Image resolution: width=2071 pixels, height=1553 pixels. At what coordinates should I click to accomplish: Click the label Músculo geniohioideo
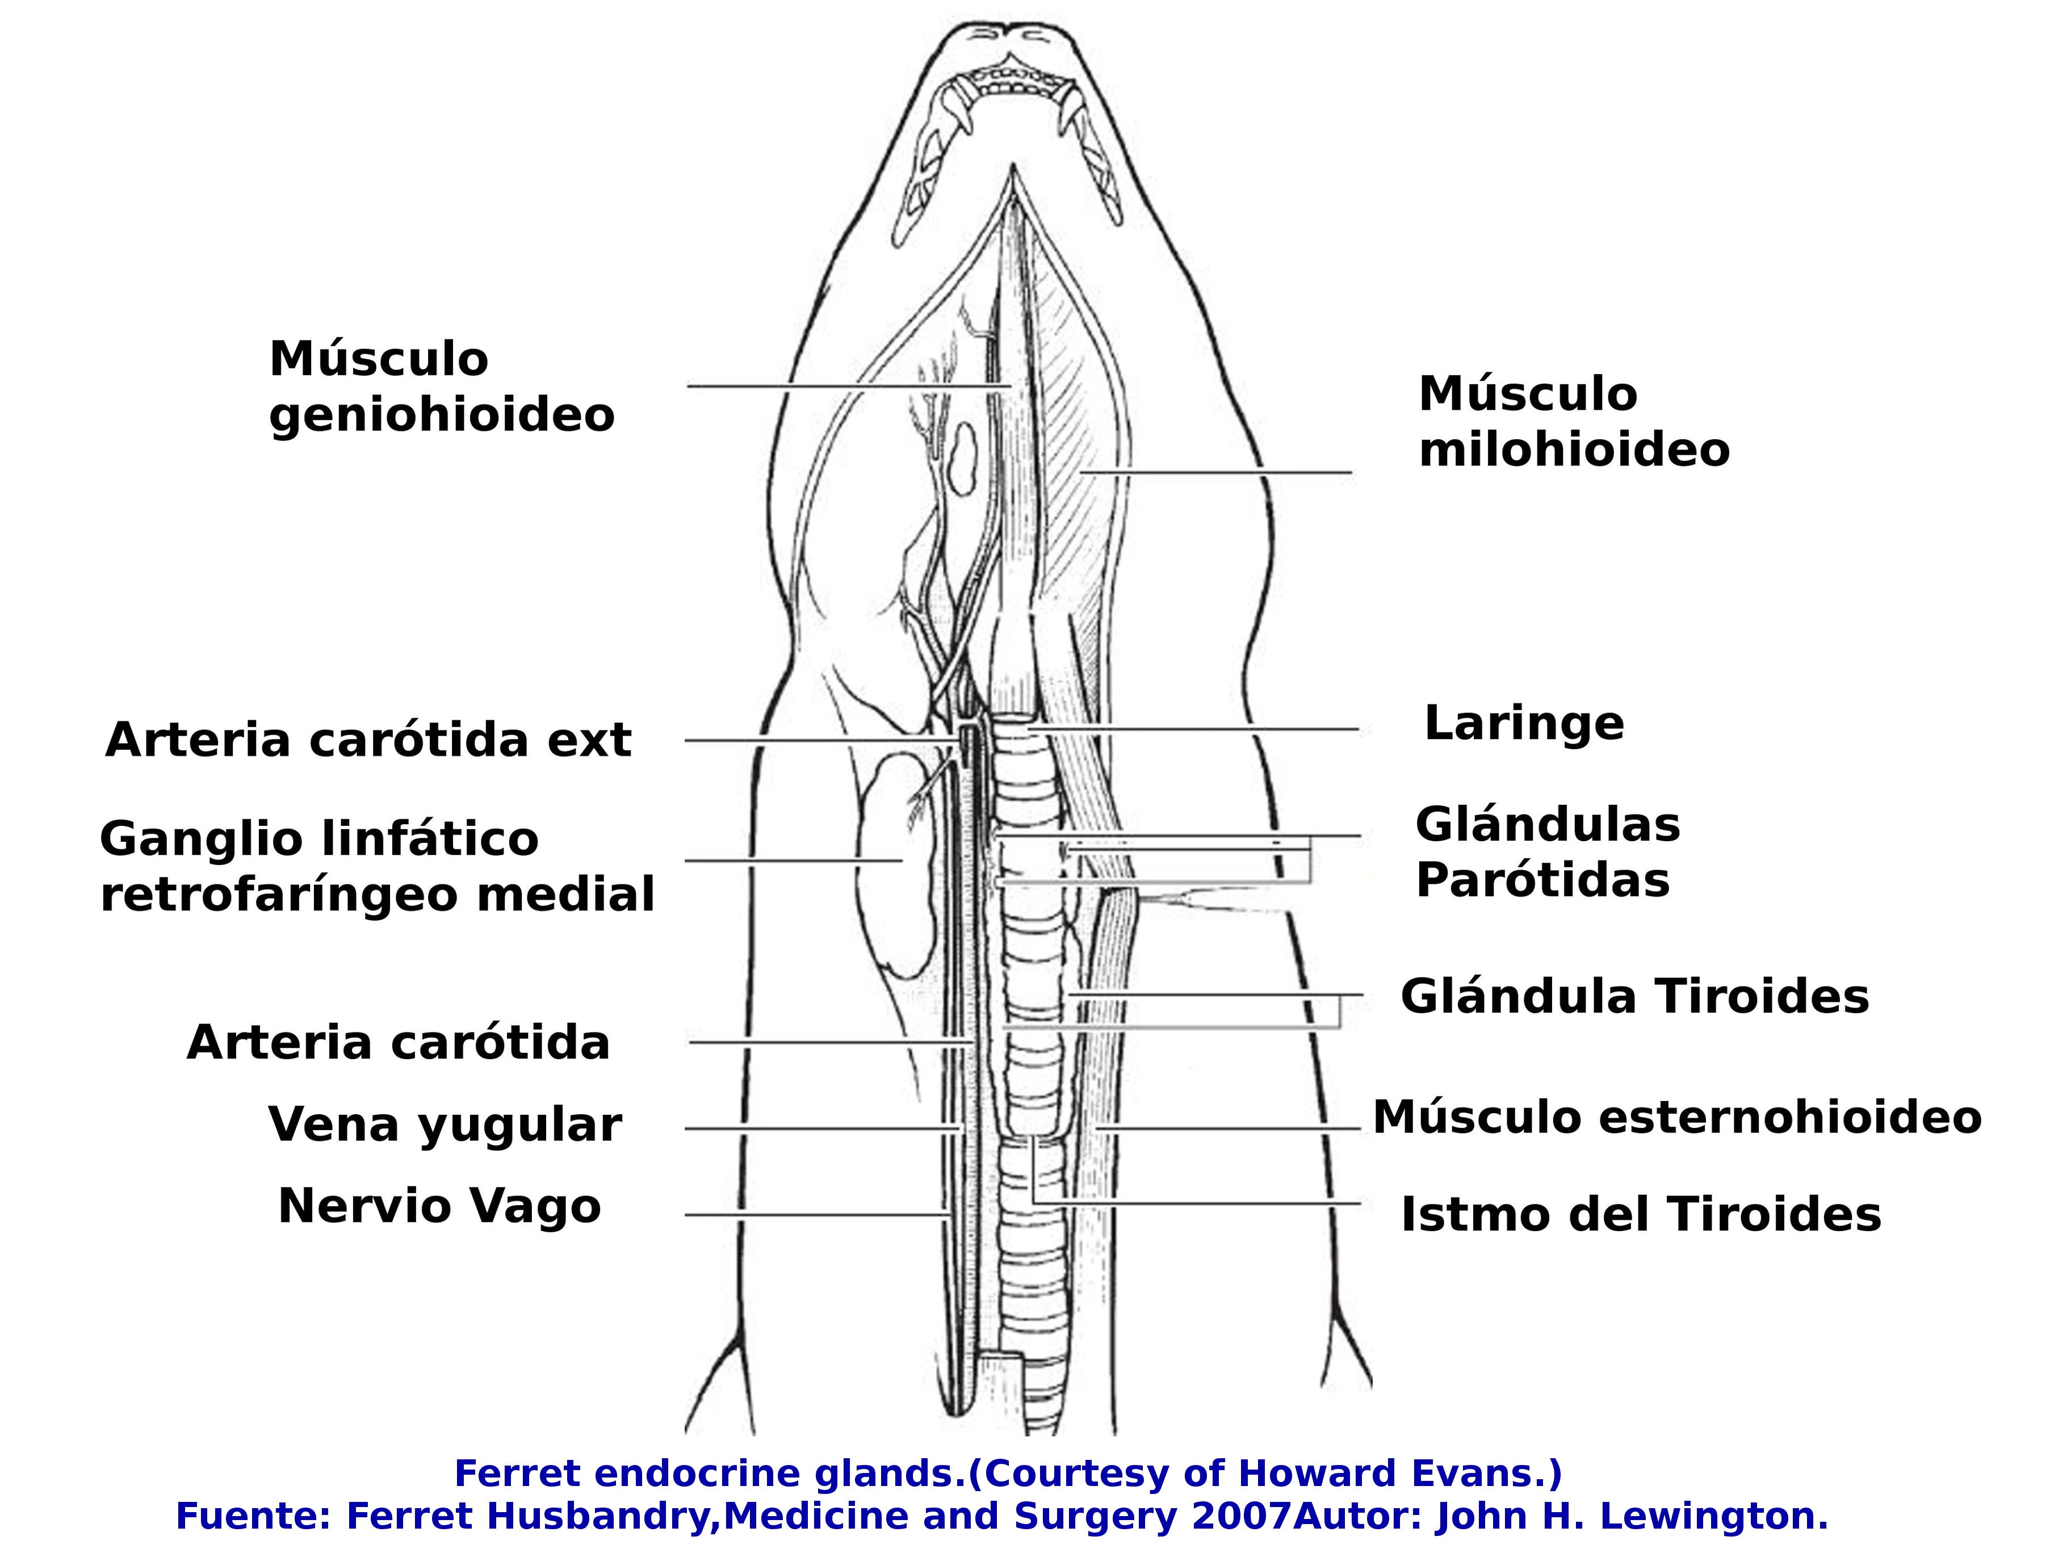click(x=441, y=387)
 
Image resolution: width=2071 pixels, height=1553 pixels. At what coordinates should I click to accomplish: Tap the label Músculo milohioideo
click(x=1573, y=422)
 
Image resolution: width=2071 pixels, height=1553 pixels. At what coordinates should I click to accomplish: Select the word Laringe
click(x=1523, y=724)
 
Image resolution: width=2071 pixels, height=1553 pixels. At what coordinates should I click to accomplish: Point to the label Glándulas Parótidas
click(x=1546, y=853)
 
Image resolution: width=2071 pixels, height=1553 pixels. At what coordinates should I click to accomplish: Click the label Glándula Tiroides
click(x=1634, y=997)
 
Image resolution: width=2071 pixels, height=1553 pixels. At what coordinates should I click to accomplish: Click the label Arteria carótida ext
click(x=368, y=741)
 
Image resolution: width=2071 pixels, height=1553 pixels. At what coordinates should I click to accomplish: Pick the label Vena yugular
click(x=445, y=1124)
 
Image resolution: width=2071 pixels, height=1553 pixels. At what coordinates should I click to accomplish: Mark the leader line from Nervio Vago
click(x=815, y=1215)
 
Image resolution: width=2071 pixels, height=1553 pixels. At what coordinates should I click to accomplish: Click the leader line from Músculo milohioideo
click(x=1217, y=473)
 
